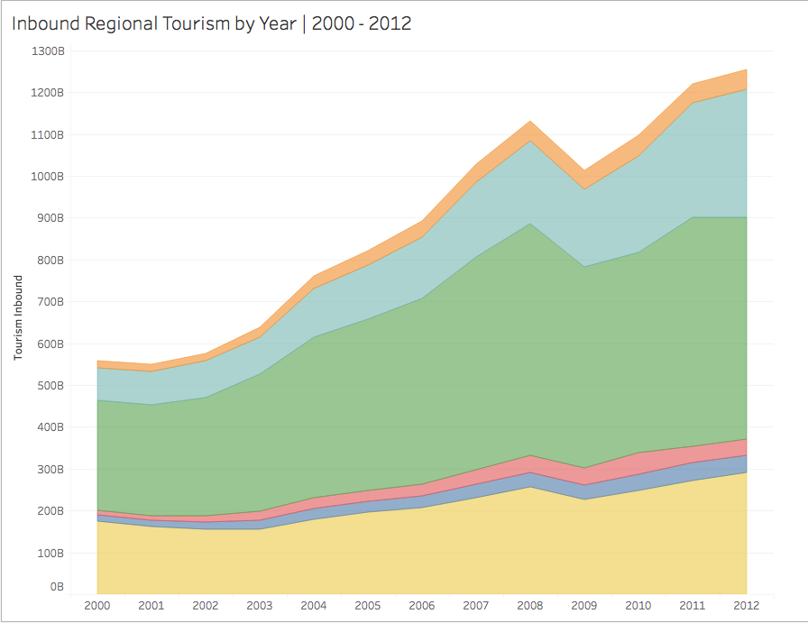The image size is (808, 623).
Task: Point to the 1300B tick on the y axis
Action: click(x=49, y=50)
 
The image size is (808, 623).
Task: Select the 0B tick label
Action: click(x=57, y=587)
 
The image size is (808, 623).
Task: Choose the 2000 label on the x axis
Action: click(x=96, y=604)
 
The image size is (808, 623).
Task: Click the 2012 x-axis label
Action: click(x=747, y=604)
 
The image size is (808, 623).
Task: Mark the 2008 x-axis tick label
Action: click(x=530, y=604)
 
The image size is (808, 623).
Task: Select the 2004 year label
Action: click(x=313, y=604)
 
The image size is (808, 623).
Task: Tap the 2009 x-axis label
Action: click(x=584, y=604)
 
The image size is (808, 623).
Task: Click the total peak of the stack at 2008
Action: click(x=530, y=121)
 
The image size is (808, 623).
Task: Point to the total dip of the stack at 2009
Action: click(x=584, y=169)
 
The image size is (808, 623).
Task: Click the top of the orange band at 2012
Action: click(x=747, y=69)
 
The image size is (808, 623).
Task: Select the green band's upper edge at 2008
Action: click(x=530, y=223)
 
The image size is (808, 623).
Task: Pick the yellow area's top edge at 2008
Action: click(x=530, y=487)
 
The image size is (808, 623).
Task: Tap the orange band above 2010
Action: click(x=638, y=146)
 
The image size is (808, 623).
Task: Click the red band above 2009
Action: click(x=584, y=476)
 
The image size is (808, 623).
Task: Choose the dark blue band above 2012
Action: click(x=745, y=463)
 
